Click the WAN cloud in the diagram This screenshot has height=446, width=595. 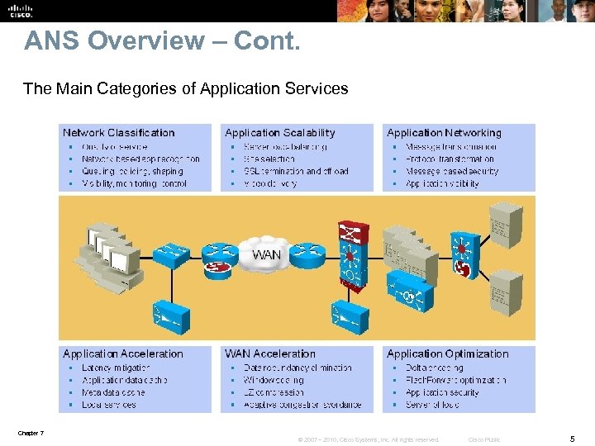click(x=267, y=254)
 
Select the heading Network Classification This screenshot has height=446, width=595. click(x=119, y=132)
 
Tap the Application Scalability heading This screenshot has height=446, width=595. click(x=280, y=132)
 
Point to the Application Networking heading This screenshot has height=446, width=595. click(x=444, y=132)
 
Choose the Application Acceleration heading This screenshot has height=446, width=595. click(x=123, y=353)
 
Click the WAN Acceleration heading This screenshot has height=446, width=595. click(x=270, y=353)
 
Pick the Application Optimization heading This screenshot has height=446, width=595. click(x=448, y=353)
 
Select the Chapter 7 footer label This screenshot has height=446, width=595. click(x=31, y=433)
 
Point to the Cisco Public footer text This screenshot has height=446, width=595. click(x=484, y=439)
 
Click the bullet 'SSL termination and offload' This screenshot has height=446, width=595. click(x=296, y=171)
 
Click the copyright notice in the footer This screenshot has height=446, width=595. click(x=369, y=439)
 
